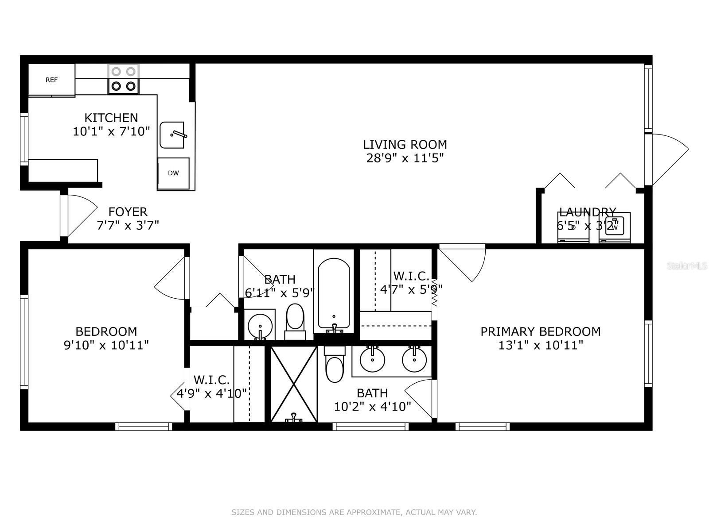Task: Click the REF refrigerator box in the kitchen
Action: point(51,80)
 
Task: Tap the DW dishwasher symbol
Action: point(173,173)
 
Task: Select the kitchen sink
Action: point(172,135)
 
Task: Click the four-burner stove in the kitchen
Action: point(124,79)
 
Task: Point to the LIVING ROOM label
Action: point(405,145)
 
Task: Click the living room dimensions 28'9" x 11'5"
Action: point(405,158)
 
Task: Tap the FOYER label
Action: point(128,212)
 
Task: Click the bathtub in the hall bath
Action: point(334,294)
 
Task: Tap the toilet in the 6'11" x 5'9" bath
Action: point(295,321)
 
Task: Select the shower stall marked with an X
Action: point(293,384)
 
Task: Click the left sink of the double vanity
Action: point(373,359)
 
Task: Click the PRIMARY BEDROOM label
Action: point(540,331)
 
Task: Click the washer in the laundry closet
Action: point(615,227)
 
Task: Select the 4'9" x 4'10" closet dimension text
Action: point(211,393)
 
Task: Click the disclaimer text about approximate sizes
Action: point(354,512)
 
